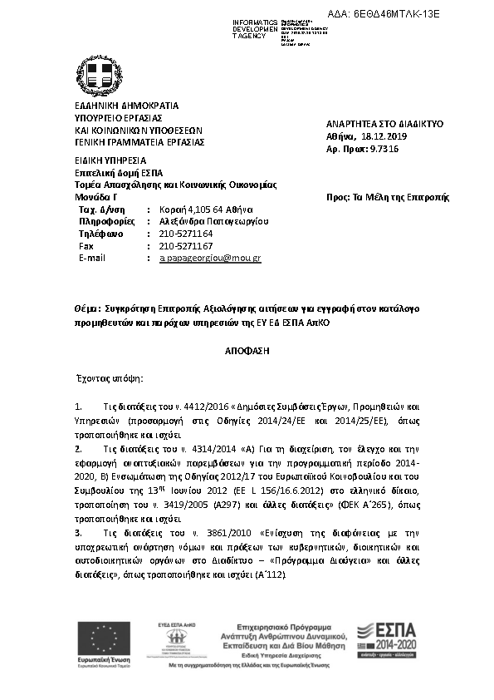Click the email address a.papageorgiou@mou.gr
[x=210, y=259]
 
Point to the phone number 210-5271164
[x=186, y=234]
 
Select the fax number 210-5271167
[x=186, y=247]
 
